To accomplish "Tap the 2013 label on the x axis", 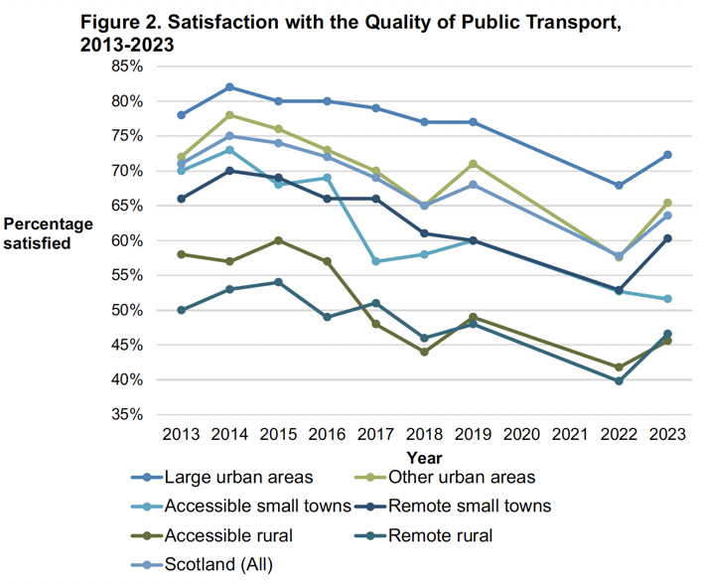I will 181,434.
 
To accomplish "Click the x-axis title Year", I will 424,458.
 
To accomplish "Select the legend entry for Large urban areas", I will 237,478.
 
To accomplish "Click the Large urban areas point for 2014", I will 229,87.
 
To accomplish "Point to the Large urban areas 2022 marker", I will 619,186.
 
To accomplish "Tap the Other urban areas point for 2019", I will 474,164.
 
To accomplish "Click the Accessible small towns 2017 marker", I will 375,261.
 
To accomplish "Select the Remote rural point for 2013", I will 182,310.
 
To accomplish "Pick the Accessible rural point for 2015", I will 278,240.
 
